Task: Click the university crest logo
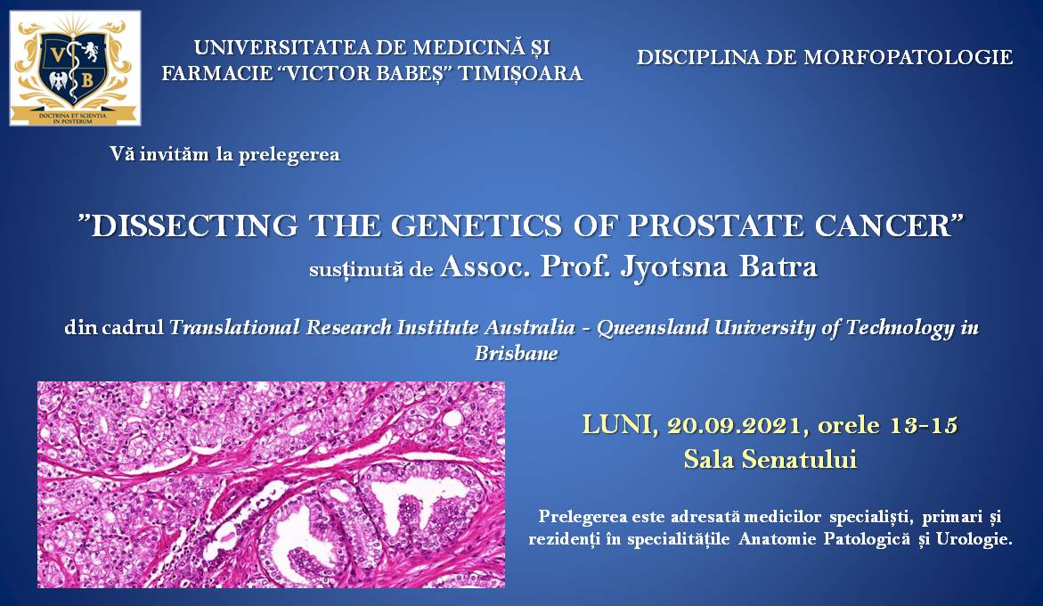[x=75, y=68]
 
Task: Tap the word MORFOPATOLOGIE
[x=908, y=57]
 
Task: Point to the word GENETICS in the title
[x=477, y=226]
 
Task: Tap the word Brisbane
[x=517, y=353]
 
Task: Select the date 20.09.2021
[x=737, y=425]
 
